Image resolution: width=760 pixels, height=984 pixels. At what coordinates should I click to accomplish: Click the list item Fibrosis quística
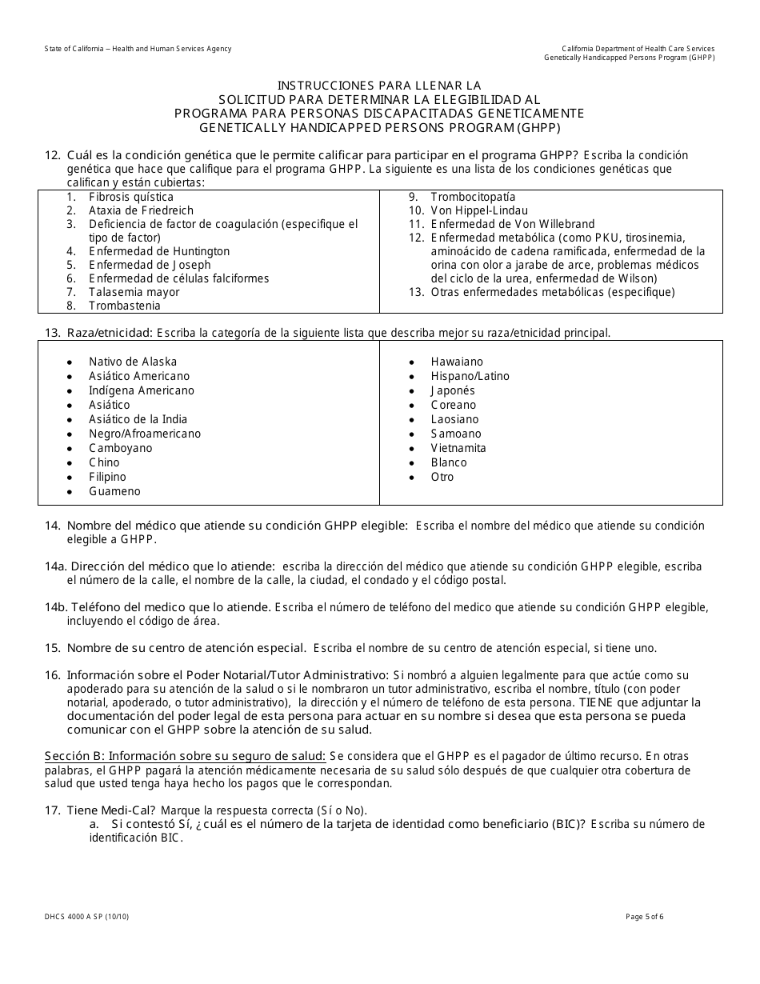click(130, 197)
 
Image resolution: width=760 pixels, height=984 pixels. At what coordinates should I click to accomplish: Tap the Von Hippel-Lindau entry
click(479, 210)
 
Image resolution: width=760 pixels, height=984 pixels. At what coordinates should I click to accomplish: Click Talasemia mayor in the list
click(134, 292)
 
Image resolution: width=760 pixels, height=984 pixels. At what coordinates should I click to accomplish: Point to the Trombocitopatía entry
click(473, 197)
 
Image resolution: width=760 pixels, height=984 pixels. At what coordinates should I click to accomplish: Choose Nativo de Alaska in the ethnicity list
click(133, 362)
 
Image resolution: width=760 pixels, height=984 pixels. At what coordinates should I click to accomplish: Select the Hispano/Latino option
click(470, 376)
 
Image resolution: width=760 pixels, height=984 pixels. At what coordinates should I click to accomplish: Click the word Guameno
click(114, 491)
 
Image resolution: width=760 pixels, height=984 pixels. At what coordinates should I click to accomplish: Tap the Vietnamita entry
click(458, 448)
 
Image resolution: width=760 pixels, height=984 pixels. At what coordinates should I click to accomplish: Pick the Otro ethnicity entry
click(442, 477)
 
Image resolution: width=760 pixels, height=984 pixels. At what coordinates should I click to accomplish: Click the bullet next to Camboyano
click(70, 449)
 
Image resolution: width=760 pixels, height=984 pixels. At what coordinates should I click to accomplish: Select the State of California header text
click(138, 49)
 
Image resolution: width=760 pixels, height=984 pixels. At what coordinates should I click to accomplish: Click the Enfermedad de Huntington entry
click(159, 251)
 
